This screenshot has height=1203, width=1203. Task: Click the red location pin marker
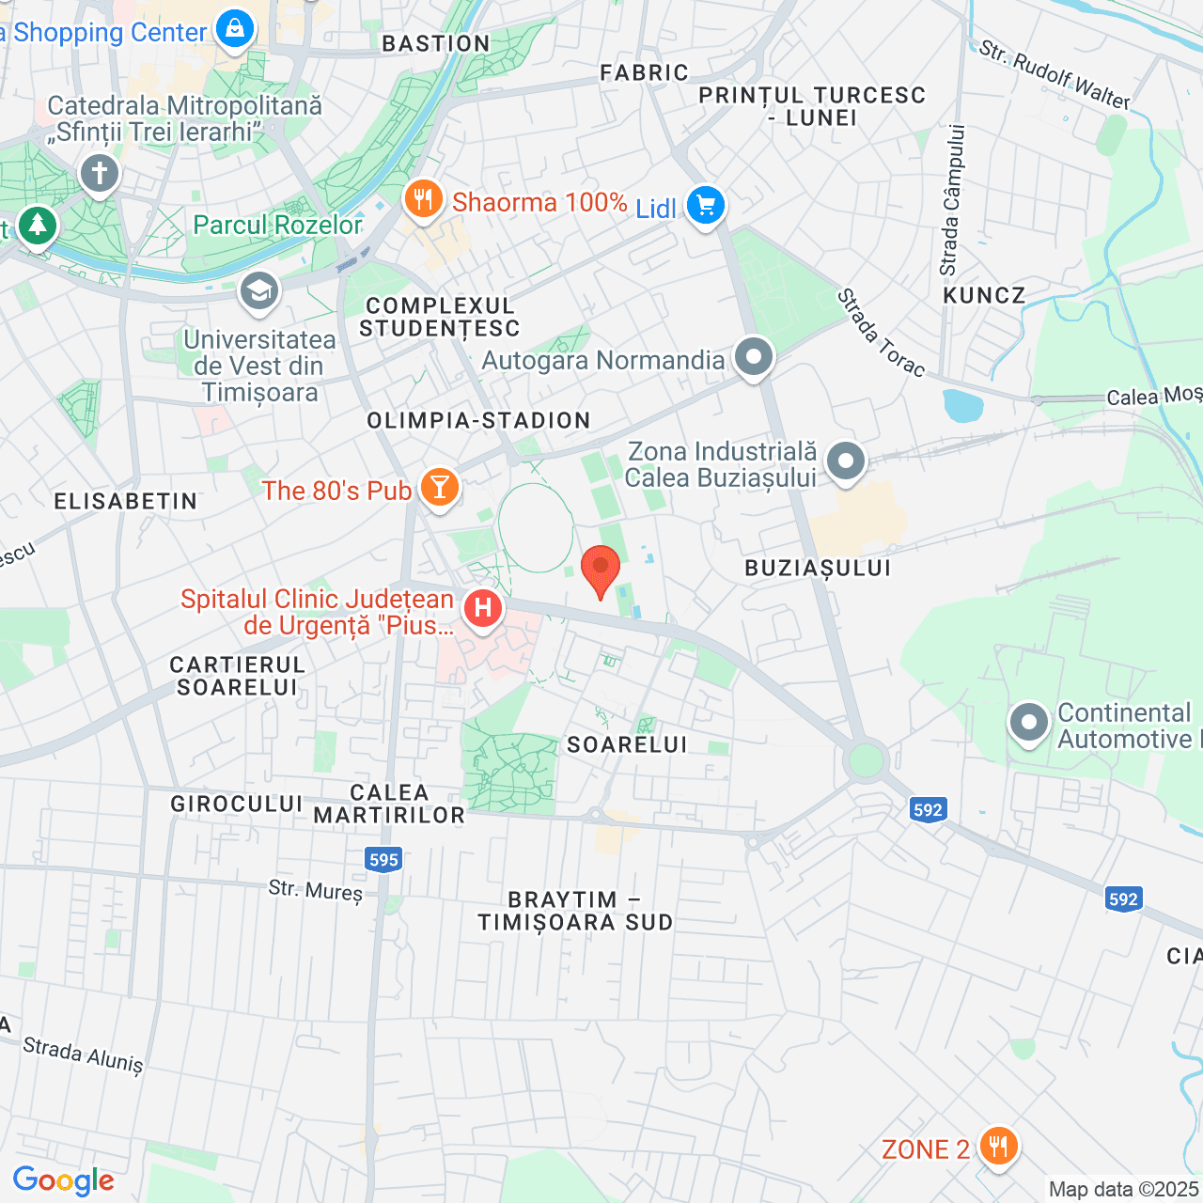point(601,569)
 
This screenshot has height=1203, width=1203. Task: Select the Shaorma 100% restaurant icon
point(424,199)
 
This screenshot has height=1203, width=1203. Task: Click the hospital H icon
point(482,609)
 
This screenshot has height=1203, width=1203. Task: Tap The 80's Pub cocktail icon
point(439,487)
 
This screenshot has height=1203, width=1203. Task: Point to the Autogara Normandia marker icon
point(754,358)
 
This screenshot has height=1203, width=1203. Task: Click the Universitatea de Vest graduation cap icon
point(258,291)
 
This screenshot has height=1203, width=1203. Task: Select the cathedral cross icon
point(100,173)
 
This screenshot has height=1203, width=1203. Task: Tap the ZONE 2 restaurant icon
point(998,1147)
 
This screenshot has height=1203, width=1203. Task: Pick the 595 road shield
point(383,859)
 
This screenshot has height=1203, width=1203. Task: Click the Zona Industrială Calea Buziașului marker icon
point(846,461)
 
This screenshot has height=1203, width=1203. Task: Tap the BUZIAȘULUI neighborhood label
point(818,568)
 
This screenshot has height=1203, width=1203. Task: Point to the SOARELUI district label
point(627,745)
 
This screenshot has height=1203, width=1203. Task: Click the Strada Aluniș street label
point(83,1055)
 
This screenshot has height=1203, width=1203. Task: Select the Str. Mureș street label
point(315,889)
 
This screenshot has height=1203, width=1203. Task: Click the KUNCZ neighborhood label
point(984,296)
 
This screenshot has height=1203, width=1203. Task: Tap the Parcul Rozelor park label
point(277,226)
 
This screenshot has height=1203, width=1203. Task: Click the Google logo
point(63,1180)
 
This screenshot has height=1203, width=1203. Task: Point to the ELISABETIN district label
point(126,502)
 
